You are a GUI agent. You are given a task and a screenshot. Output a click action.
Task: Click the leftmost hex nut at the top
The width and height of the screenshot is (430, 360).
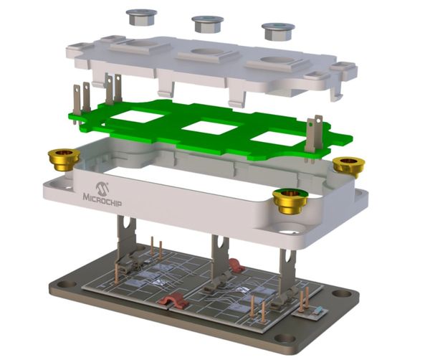141,17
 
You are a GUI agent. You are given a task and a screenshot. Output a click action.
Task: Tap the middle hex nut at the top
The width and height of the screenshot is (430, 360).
208,24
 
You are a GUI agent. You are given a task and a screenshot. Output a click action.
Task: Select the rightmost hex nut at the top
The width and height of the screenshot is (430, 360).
278,31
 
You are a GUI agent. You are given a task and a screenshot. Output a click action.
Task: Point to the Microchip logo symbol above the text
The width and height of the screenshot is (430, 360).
102,188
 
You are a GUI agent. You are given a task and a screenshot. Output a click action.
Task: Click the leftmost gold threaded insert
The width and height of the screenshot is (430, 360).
64,160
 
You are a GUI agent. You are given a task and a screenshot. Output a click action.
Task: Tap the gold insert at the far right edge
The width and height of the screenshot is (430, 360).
349,166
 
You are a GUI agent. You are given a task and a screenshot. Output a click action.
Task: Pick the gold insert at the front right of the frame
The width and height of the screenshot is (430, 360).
290,202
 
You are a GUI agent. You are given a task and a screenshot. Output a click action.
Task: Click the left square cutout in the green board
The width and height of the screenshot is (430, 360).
137,116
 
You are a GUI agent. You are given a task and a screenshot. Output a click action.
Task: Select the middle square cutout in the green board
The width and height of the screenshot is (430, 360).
210,128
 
